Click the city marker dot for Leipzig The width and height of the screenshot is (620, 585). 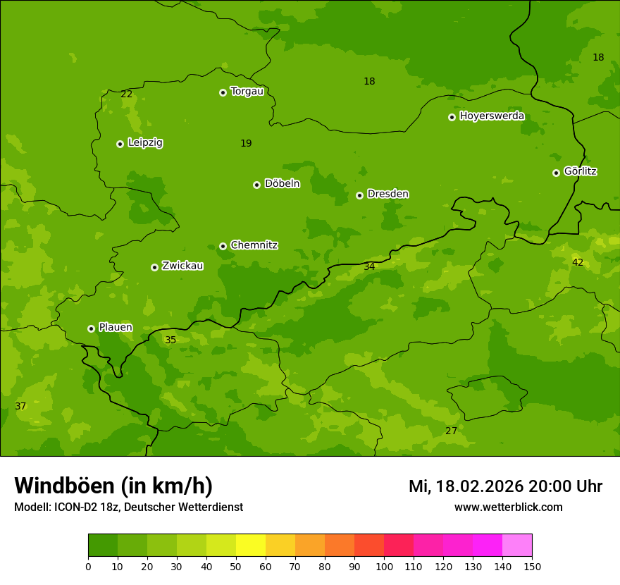(x=120, y=144)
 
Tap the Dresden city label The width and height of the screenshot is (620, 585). (x=387, y=194)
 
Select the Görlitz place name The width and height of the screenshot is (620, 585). (x=580, y=171)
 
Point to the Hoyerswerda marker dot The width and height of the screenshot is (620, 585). (x=452, y=117)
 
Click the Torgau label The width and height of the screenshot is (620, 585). (x=247, y=92)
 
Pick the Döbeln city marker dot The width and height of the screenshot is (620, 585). (x=256, y=185)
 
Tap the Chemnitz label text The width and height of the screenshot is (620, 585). (x=254, y=245)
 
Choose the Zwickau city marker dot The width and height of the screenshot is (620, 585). (x=154, y=267)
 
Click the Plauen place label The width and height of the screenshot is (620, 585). (x=115, y=328)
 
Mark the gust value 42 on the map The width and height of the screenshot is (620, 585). (x=578, y=262)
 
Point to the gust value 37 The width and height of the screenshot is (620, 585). (x=20, y=406)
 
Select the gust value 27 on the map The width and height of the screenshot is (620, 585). (x=451, y=431)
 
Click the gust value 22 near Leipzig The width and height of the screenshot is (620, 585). (x=127, y=94)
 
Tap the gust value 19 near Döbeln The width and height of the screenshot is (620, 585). (x=246, y=143)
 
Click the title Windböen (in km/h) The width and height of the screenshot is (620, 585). (x=113, y=486)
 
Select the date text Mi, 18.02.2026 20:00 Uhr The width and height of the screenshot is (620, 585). (x=505, y=486)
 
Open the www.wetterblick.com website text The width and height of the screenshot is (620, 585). (x=508, y=507)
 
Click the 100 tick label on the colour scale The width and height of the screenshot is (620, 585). (x=384, y=566)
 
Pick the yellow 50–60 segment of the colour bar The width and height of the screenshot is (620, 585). (x=251, y=546)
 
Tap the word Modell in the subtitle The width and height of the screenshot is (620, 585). (x=32, y=507)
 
